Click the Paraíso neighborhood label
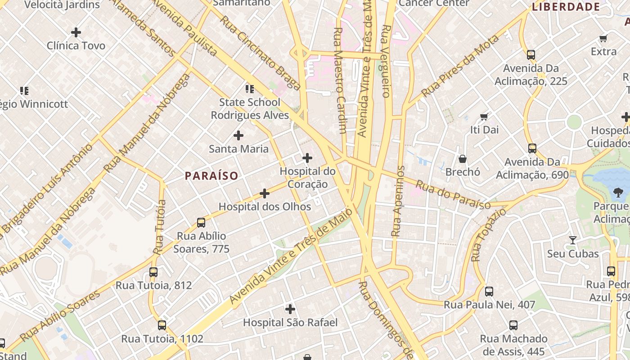[x=211, y=175]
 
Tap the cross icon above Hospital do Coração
[x=307, y=158]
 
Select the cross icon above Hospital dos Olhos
[x=265, y=193]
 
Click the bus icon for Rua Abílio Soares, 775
[x=201, y=223]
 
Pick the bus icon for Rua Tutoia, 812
[x=153, y=272]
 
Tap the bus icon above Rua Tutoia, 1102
[x=162, y=325]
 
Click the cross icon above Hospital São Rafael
[x=290, y=309]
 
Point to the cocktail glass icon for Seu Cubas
[x=572, y=240]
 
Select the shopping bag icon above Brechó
[x=463, y=159]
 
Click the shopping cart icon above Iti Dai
[x=484, y=117]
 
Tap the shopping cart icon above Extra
[x=603, y=39]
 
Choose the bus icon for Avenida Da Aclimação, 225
[x=531, y=55]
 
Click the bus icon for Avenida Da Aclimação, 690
[x=532, y=148]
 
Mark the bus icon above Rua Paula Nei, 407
[x=489, y=292]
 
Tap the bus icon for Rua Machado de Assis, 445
[x=513, y=325]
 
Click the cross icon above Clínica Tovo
[x=76, y=32]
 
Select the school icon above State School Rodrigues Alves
[x=250, y=89]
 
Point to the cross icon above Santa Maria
[x=238, y=135]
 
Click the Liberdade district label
[x=566, y=7]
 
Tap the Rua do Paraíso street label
[x=453, y=195]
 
